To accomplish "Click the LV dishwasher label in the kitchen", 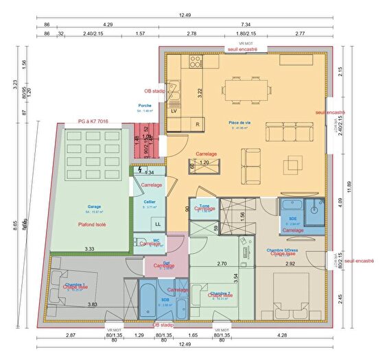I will click(174, 110).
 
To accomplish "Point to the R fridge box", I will click(198, 124).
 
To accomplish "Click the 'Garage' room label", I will click(94, 206).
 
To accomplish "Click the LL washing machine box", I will click(159, 224).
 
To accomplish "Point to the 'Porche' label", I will click(145, 105).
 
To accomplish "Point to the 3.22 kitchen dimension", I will click(200, 91).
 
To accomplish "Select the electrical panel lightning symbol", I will click(140, 171).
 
